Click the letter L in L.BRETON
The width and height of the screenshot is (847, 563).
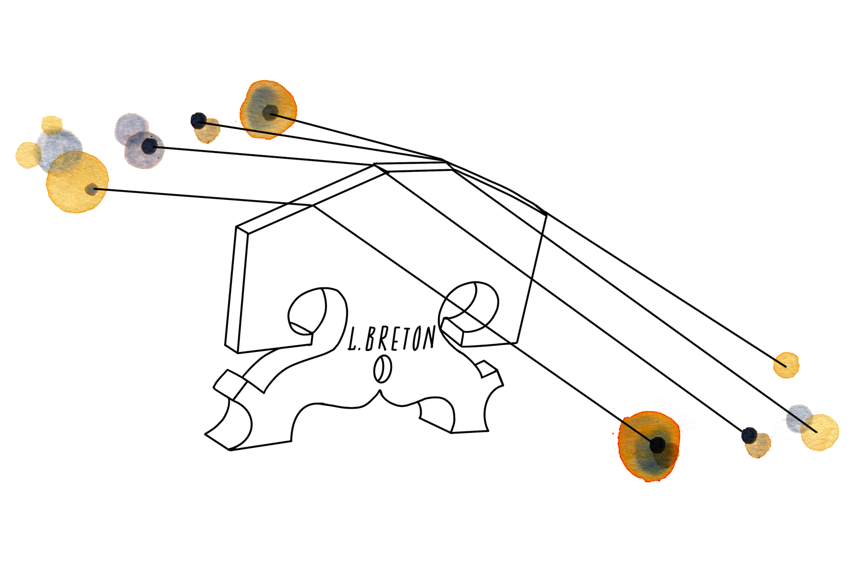click(x=353, y=340)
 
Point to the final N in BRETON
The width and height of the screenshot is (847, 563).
click(x=428, y=338)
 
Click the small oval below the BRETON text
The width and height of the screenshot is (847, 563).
click(x=382, y=369)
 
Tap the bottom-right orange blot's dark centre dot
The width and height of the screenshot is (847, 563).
click(x=657, y=444)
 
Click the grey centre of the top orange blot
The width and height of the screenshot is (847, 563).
click(x=269, y=112)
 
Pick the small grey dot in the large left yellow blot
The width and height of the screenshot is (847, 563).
click(x=91, y=190)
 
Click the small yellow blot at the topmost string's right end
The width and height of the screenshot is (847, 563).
click(x=786, y=365)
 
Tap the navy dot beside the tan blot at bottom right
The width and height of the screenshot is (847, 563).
click(x=749, y=435)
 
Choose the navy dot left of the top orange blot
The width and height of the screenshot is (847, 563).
click(x=198, y=121)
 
